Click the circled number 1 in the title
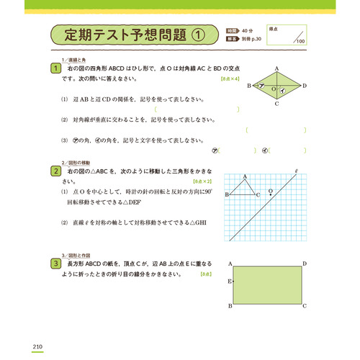coord(198,34)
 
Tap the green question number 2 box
coord(55,171)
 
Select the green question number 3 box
coord(55,264)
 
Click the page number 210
coord(39,328)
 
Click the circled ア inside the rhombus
coord(263,86)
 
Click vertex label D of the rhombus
coord(305,86)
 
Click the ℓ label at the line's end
coord(296,171)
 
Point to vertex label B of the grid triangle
coord(227,195)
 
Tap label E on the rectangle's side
coord(229,281)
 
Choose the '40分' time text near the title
coord(249,30)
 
